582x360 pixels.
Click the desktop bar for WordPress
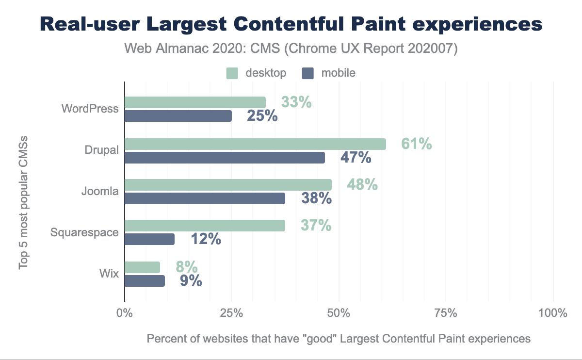tap(195, 102)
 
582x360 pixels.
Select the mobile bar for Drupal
tap(225, 157)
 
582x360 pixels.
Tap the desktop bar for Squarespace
tap(205, 226)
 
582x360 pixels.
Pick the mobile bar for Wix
tap(145, 281)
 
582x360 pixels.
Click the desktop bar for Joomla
tap(228, 185)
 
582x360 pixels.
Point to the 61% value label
tap(416, 144)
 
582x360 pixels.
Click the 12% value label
tap(206, 239)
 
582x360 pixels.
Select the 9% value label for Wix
tap(191, 281)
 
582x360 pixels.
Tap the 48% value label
tap(362, 185)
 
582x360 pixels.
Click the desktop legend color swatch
tap(232, 73)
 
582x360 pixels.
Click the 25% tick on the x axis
tap(231, 313)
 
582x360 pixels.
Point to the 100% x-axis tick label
tap(552, 313)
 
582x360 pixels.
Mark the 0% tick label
tap(125, 313)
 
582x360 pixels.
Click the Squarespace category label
tap(84, 232)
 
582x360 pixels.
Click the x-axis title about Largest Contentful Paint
tap(339, 339)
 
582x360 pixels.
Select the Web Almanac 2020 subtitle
tap(291, 49)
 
